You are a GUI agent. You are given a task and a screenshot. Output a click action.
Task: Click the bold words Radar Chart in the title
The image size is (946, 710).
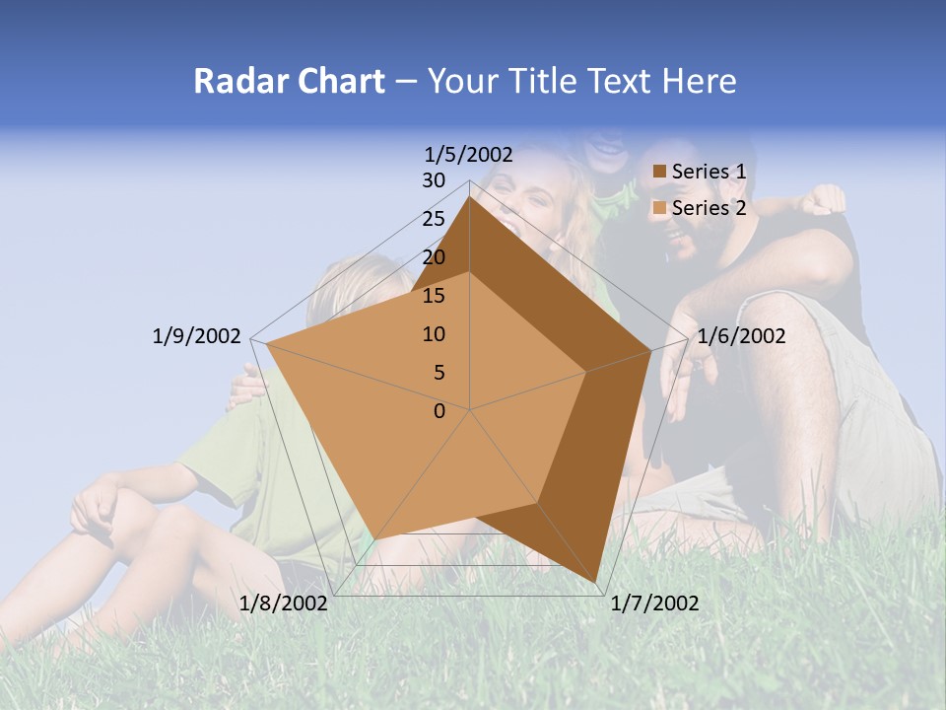(289, 82)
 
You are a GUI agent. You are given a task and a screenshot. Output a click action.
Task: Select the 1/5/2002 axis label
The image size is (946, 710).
(469, 154)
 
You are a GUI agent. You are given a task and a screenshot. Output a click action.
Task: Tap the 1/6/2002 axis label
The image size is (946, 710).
(741, 336)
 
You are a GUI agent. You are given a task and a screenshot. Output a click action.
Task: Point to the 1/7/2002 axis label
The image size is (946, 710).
(654, 603)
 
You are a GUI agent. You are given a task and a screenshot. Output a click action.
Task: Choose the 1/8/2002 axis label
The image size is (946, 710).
(284, 603)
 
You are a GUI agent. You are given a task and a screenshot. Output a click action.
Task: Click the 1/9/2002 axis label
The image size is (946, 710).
(197, 336)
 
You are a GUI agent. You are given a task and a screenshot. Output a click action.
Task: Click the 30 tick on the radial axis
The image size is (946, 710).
(434, 180)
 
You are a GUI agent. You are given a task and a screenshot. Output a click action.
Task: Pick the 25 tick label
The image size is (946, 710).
(434, 219)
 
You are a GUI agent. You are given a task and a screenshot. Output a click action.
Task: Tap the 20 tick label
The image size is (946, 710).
(434, 257)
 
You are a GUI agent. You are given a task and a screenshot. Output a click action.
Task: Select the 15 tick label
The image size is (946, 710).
(434, 296)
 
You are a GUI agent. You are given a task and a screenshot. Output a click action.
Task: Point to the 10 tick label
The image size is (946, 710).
(434, 334)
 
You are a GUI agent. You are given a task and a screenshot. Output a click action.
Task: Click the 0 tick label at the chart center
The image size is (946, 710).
(439, 410)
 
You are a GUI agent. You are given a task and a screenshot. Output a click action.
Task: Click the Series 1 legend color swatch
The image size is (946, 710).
(660, 173)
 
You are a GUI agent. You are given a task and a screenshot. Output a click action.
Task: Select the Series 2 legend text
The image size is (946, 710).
(709, 208)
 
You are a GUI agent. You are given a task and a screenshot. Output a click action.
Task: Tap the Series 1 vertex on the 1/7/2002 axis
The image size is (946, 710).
(595, 581)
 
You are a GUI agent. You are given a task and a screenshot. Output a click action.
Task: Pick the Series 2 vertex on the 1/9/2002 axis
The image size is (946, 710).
(267, 344)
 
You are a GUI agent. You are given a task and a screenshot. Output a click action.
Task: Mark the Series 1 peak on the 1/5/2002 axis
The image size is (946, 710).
(470, 196)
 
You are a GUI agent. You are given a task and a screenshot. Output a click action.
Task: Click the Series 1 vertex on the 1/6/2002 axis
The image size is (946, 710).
(650, 351)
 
